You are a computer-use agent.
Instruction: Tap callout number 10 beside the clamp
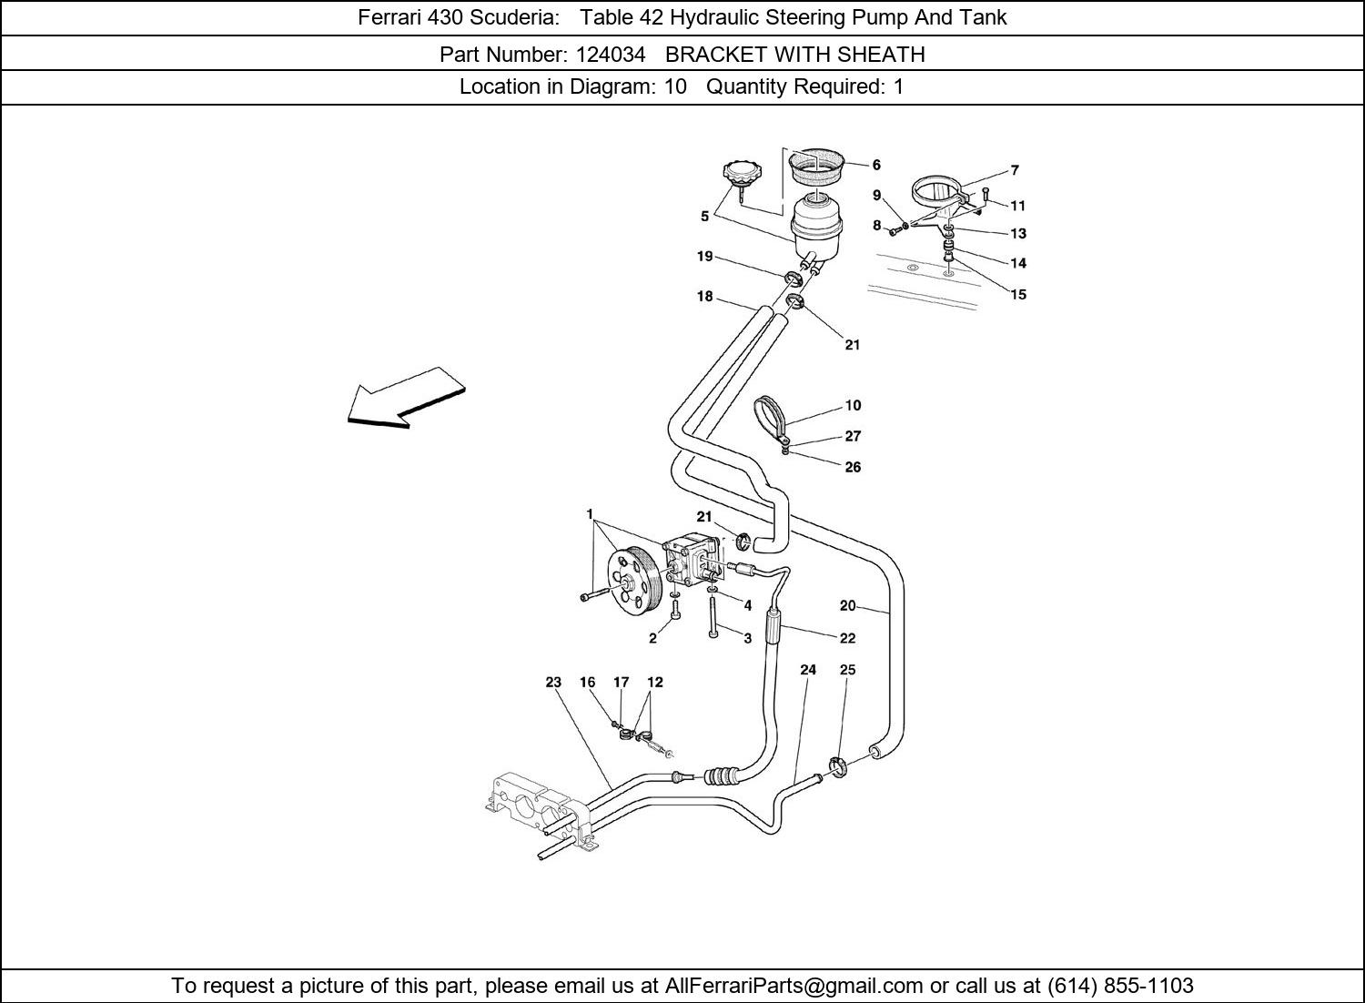[x=853, y=406]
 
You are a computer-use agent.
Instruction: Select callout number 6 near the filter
[x=876, y=165]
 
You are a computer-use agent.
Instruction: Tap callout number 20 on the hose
[x=847, y=605]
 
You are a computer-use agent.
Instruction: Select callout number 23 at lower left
[x=553, y=682]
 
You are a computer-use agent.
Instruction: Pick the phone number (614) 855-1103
[x=1120, y=986]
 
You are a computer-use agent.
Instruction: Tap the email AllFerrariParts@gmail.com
[x=794, y=986]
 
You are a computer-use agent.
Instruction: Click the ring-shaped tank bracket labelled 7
[x=937, y=191]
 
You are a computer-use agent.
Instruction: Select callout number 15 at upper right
[x=1018, y=294]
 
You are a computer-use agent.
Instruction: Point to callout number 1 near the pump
[x=590, y=515]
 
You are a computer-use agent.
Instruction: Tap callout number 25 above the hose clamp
[x=847, y=670]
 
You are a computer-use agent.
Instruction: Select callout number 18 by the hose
[x=704, y=297]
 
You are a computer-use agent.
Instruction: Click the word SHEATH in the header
[x=881, y=54]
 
